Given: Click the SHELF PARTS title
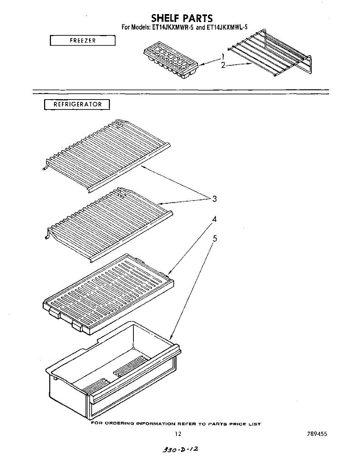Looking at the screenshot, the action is coord(182,18).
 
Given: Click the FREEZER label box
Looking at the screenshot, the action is coord(83,40).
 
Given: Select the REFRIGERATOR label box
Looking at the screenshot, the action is coord(77,104).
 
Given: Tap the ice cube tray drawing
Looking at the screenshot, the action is coord(171,60).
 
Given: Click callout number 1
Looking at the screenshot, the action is coord(223,57).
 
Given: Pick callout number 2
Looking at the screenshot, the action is coord(223,65).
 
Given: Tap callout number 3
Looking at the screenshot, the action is coord(214,199).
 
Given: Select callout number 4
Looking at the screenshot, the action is coord(214,219).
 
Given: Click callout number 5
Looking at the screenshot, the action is coord(215,239).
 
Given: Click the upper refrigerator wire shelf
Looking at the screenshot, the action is coord(107,156).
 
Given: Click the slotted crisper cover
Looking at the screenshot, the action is coord(108,294).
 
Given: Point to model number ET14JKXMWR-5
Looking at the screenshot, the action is coord(172,27).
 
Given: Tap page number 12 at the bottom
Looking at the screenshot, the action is coord(178,434).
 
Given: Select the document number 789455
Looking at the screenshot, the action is coord(317,434).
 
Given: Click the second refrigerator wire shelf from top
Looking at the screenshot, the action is coord(109,225).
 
